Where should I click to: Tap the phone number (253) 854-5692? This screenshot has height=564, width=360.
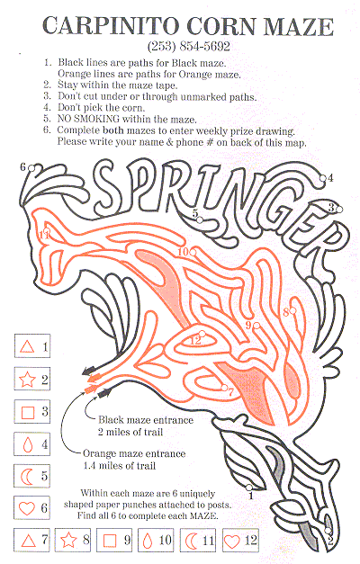(x=189, y=46)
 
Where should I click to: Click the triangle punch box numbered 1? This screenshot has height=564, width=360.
(x=32, y=346)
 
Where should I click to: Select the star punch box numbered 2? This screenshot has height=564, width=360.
(x=32, y=379)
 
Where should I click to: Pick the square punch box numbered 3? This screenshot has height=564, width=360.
(x=32, y=411)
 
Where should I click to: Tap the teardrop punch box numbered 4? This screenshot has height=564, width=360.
(x=32, y=443)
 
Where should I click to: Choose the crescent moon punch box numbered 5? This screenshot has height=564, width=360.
(x=32, y=476)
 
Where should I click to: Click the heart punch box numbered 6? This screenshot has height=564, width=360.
(x=32, y=507)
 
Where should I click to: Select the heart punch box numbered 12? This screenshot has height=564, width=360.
(x=240, y=540)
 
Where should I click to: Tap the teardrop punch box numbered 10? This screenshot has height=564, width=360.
(x=156, y=540)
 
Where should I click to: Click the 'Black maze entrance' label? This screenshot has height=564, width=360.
(x=146, y=420)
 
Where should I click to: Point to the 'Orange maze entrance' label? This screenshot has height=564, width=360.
(x=134, y=453)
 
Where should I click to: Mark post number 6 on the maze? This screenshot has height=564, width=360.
(x=31, y=168)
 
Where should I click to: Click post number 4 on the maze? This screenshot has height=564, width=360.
(x=323, y=178)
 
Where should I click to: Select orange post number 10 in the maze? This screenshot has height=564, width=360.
(x=193, y=252)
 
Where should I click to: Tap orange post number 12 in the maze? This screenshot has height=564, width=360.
(x=202, y=334)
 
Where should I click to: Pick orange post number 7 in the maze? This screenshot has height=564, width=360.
(x=224, y=388)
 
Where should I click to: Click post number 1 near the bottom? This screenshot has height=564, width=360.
(x=248, y=488)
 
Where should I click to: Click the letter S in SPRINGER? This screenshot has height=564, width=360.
(x=107, y=187)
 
